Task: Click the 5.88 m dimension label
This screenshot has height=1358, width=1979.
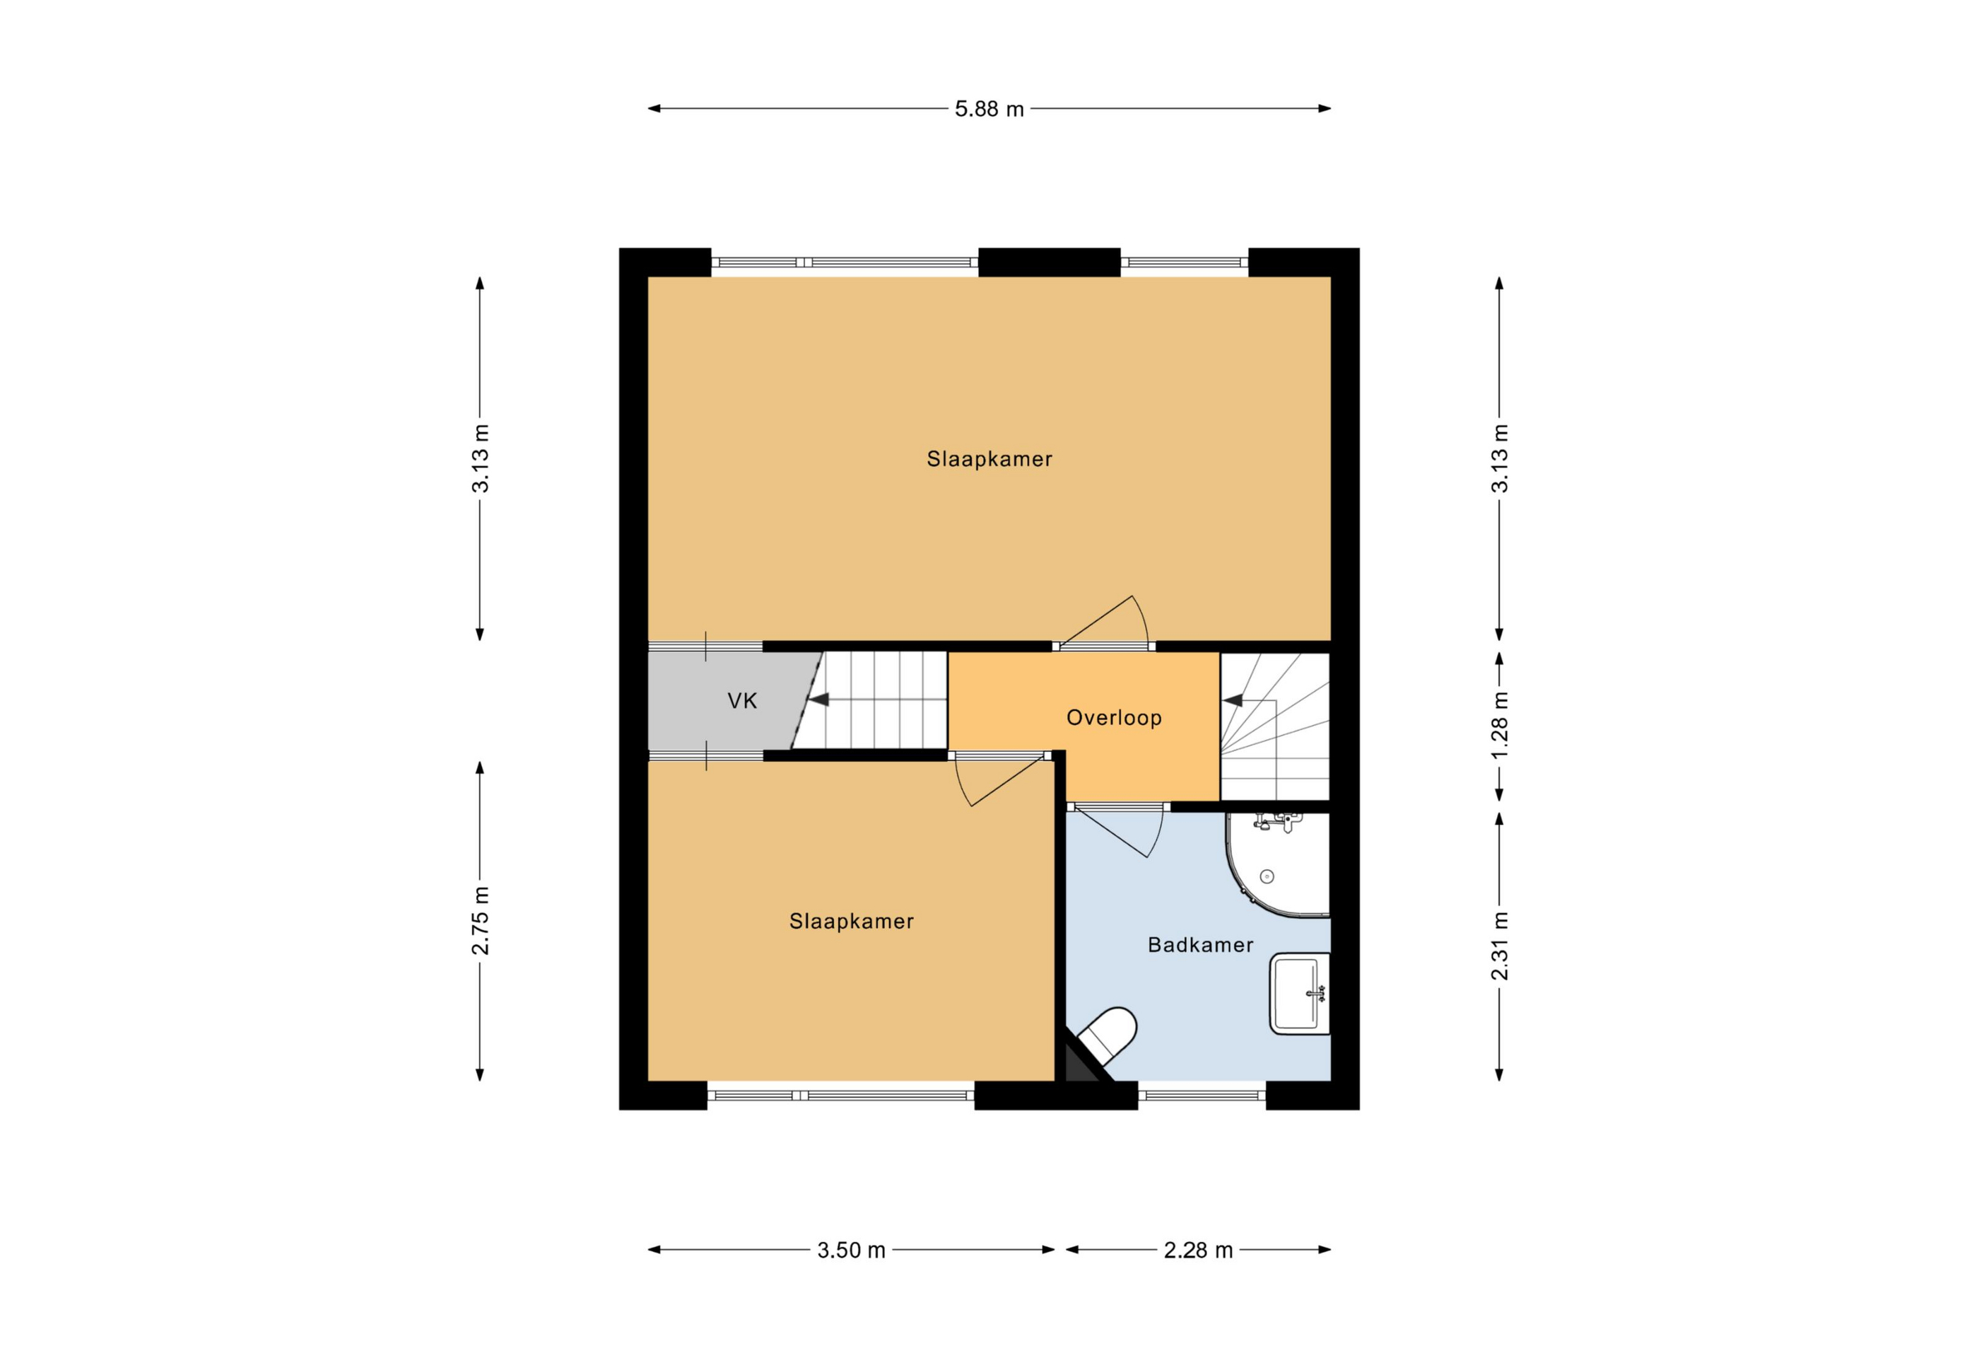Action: (x=989, y=109)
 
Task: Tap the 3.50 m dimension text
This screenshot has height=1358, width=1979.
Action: (x=852, y=1250)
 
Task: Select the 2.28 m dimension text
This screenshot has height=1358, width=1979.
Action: (x=1198, y=1250)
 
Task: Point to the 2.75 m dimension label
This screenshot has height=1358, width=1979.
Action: (x=481, y=921)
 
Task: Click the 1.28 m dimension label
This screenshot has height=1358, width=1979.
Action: (x=1500, y=725)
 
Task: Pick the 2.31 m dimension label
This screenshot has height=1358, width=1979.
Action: (x=1500, y=946)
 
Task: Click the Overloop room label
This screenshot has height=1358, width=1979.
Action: (x=1114, y=718)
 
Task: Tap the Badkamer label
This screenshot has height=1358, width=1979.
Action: (x=1201, y=945)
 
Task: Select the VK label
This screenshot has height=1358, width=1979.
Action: (x=743, y=701)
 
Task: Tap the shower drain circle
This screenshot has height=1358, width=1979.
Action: (x=1267, y=876)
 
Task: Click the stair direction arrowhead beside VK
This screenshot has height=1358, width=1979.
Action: (x=818, y=700)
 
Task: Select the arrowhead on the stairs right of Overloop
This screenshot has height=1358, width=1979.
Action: (x=1231, y=700)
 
